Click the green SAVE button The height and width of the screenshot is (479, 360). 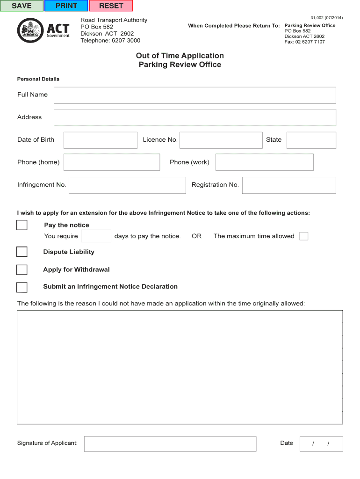[22, 6]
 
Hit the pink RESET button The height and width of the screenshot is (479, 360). [111, 6]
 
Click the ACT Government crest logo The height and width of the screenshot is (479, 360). [30, 30]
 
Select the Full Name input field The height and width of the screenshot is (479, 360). [194, 95]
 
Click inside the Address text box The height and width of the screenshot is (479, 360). [194, 117]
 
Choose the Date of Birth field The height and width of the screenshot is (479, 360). [101, 140]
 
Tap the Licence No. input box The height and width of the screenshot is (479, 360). [221, 140]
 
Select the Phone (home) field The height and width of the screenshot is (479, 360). [112, 162]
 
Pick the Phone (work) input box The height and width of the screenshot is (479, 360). [264, 162]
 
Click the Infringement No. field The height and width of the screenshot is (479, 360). [127, 185]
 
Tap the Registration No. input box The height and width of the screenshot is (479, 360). [289, 185]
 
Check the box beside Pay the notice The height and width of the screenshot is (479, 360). [22, 225]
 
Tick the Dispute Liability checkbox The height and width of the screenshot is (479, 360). [22, 252]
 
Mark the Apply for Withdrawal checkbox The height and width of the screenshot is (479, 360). [22, 270]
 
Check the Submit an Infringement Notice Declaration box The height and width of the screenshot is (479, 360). [22, 287]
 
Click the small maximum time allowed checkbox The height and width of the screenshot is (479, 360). [303, 236]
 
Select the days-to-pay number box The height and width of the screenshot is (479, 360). [96, 236]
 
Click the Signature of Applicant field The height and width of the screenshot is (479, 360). [170, 444]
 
